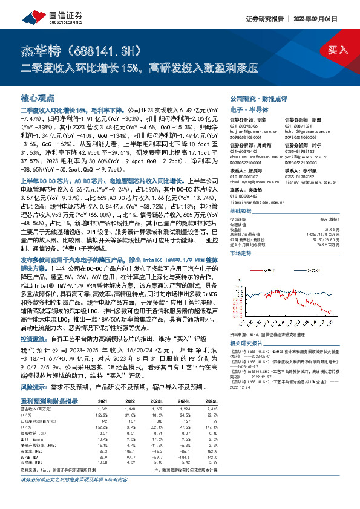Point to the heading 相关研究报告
coord(248,343)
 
